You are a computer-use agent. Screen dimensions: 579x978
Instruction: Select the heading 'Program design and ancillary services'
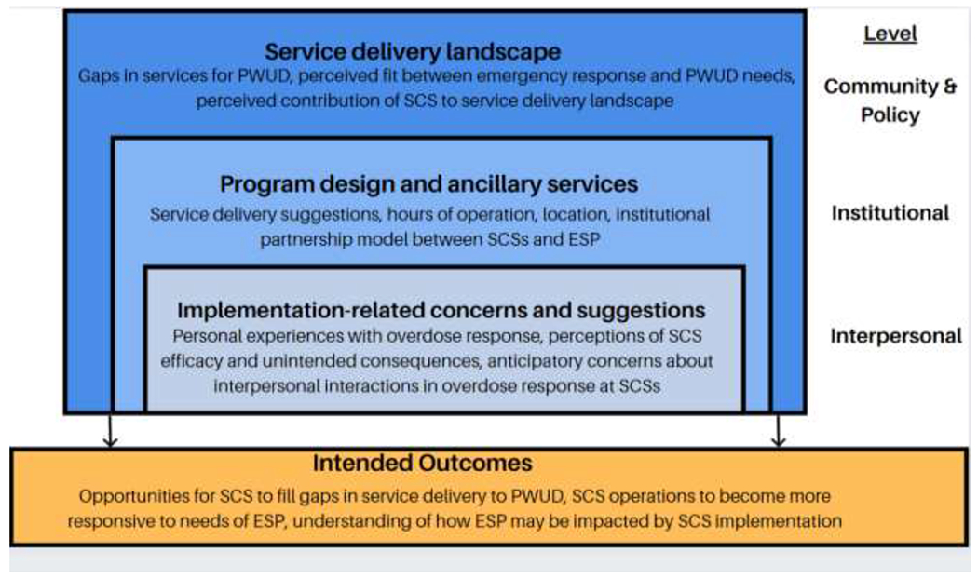428,183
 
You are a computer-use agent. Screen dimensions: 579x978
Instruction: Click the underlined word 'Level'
890,34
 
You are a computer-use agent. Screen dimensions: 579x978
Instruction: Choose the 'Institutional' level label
890,212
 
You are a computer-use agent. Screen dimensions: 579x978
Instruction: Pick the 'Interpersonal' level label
895,336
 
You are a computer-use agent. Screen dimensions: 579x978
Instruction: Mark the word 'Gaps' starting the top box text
100,77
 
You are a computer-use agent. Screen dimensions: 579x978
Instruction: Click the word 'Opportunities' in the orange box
130,496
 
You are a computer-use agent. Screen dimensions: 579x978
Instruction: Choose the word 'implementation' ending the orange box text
788,521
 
